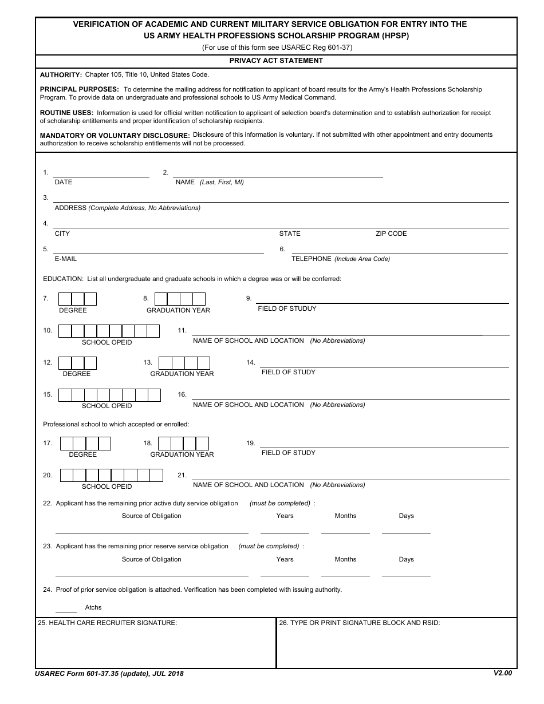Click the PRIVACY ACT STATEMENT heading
click(276, 61)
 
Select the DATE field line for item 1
click(101, 174)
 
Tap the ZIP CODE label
click(391, 234)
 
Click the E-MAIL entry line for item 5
click(158, 251)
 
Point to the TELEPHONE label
click(312, 259)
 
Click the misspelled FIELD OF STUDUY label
click(287, 309)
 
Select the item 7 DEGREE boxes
click(77, 299)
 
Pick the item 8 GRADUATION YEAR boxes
click(180, 299)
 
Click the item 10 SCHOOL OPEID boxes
click(109, 331)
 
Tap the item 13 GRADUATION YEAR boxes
click(184, 363)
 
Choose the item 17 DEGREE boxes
click(85, 444)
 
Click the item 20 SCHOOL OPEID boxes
click(112, 475)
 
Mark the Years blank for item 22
click(285, 530)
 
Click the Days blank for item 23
click(406, 574)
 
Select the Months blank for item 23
click(345, 574)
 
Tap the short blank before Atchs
click(66, 610)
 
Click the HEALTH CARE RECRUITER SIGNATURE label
click(107, 623)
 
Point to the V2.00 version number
click(503, 673)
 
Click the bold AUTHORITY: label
click(61, 75)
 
